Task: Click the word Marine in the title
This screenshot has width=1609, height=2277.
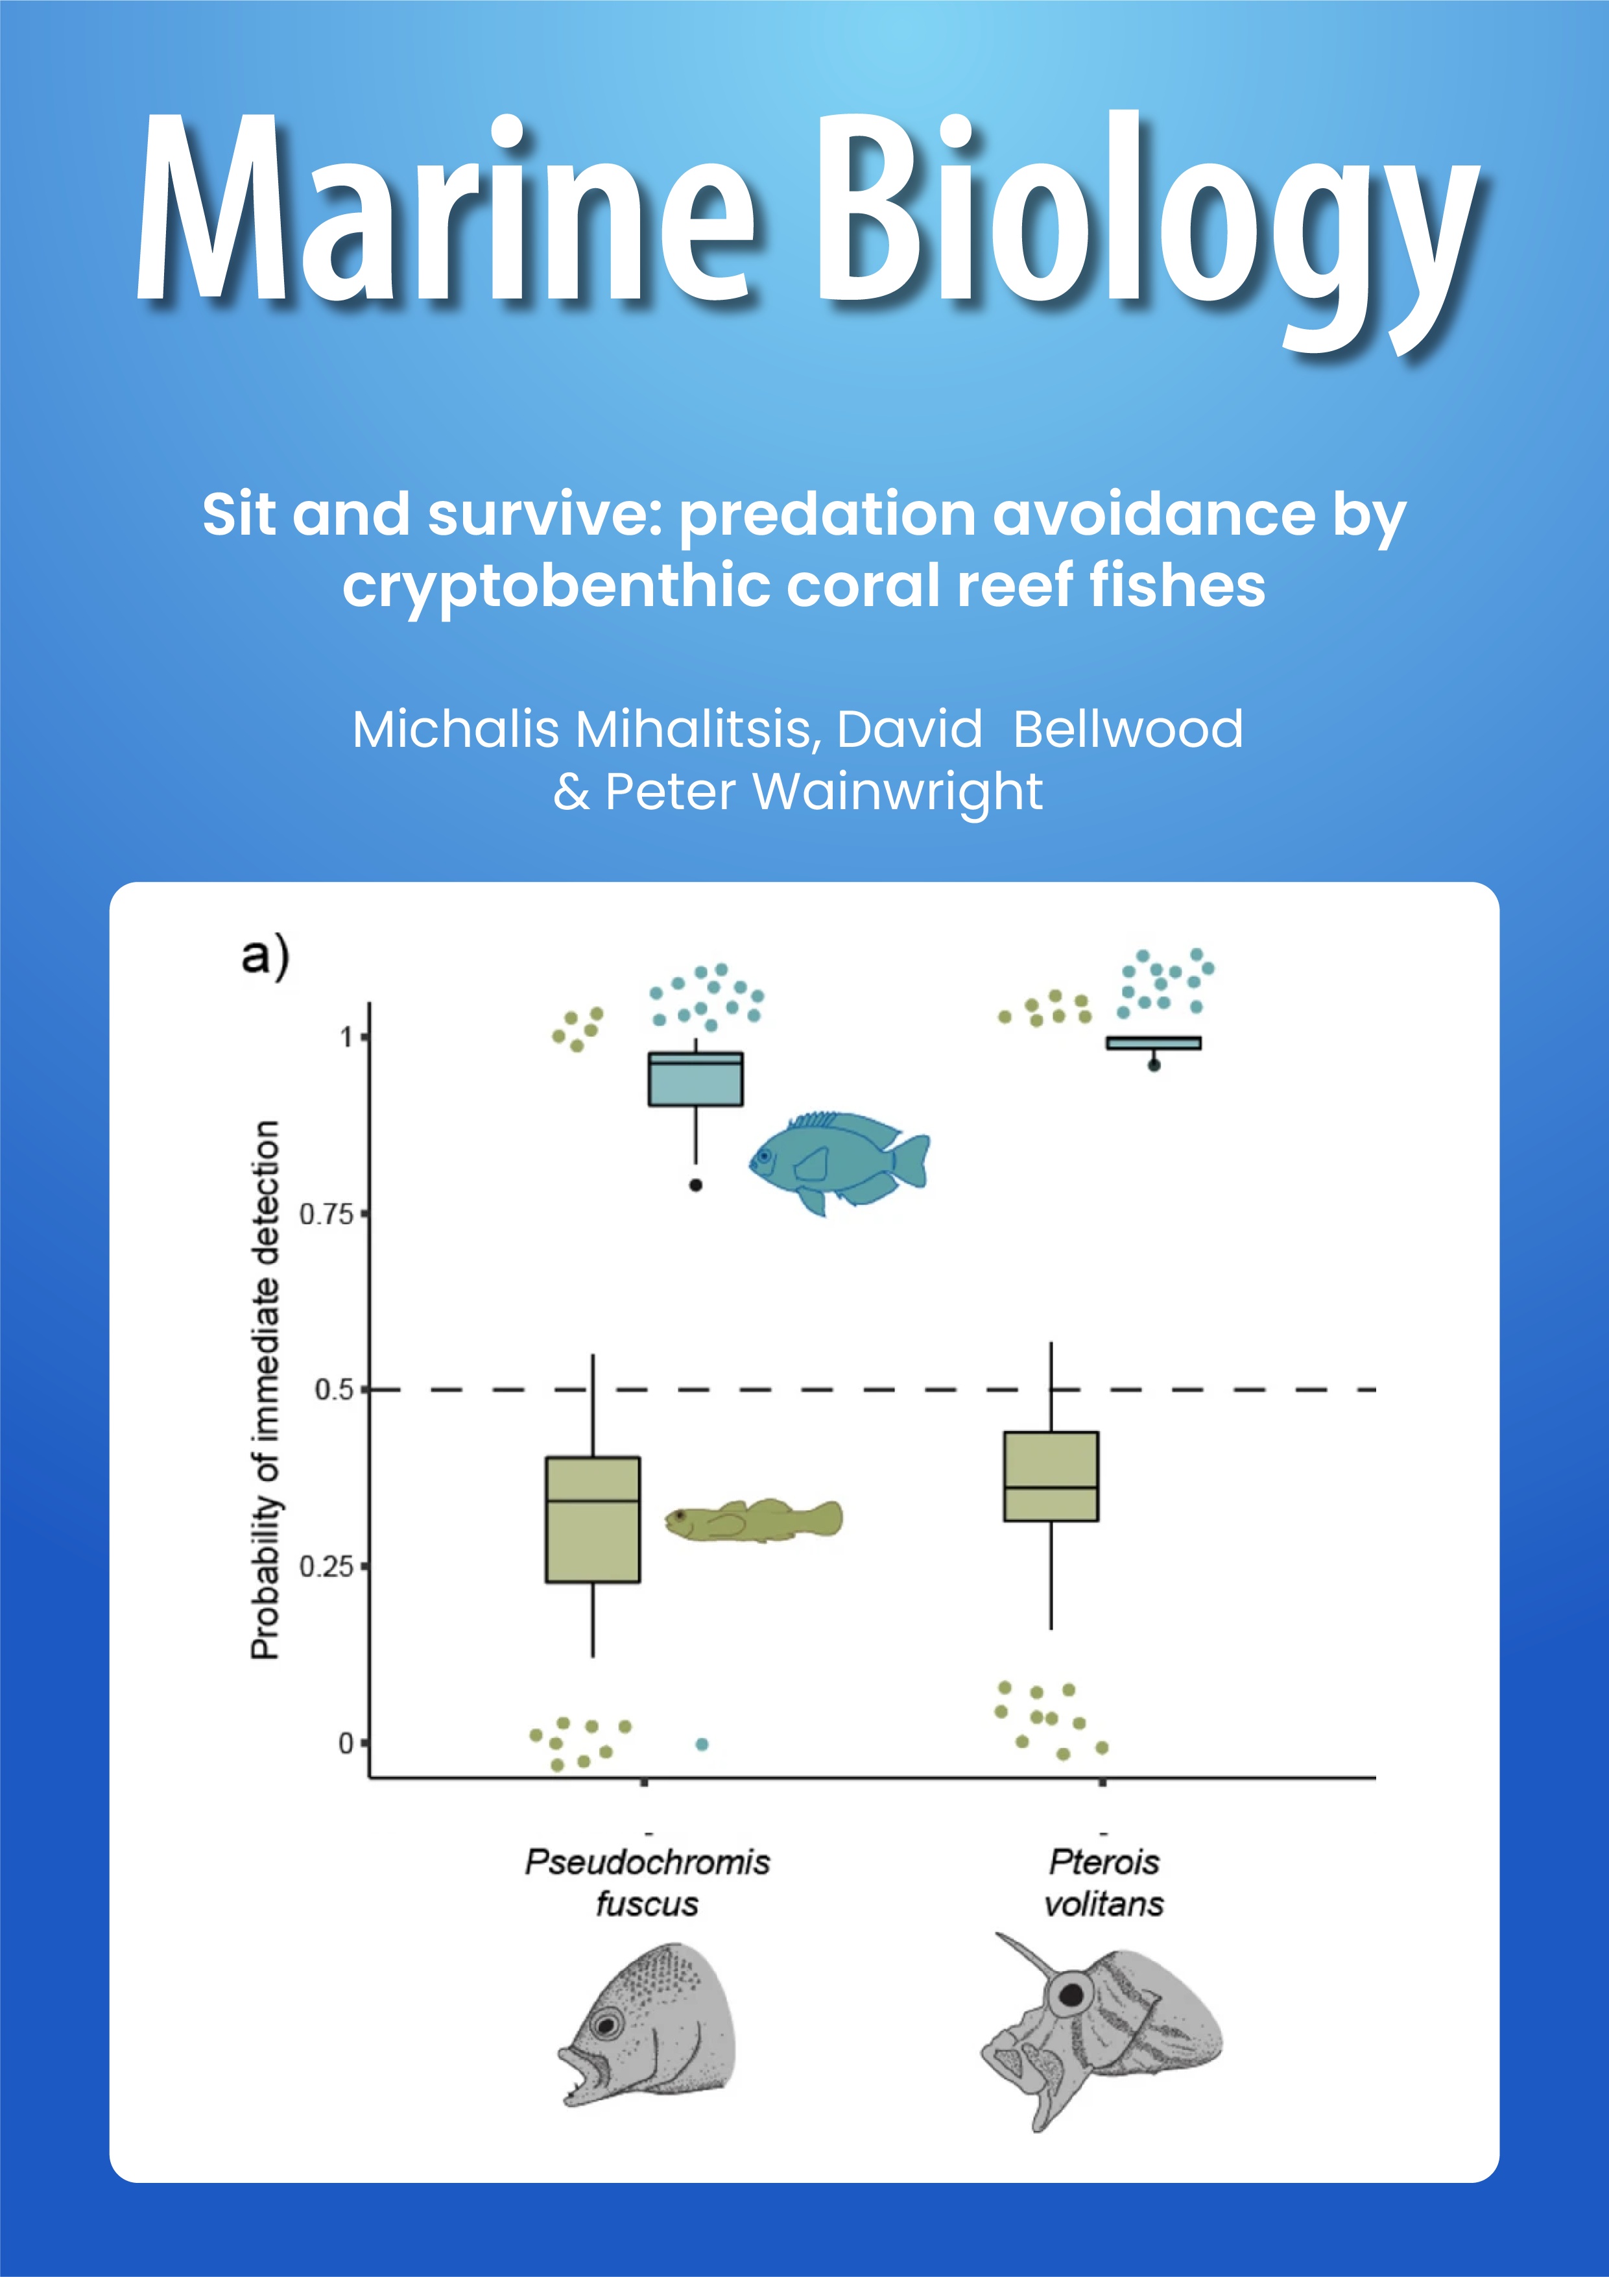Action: pyautogui.click(x=446, y=208)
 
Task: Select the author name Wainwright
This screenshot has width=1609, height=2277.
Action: pyautogui.click(x=897, y=792)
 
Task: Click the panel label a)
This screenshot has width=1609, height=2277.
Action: pyautogui.click(x=265, y=955)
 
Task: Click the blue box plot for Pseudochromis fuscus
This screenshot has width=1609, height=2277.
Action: pyautogui.click(x=695, y=1079)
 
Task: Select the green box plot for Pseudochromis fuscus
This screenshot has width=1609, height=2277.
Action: pyautogui.click(x=593, y=1519)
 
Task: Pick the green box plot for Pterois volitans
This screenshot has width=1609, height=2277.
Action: pyautogui.click(x=1051, y=1476)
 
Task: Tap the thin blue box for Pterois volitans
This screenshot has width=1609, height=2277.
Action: pyautogui.click(x=1153, y=1042)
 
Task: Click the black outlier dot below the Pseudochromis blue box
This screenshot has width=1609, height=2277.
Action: pyautogui.click(x=696, y=1185)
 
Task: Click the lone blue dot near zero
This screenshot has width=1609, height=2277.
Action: pyautogui.click(x=702, y=1744)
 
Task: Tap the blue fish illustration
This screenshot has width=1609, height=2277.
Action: pyautogui.click(x=839, y=1160)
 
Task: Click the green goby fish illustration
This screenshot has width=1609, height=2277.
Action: pyautogui.click(x=754, y=1519)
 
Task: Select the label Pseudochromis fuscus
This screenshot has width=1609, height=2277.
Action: pyautogui.click(x=647, y=1881)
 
